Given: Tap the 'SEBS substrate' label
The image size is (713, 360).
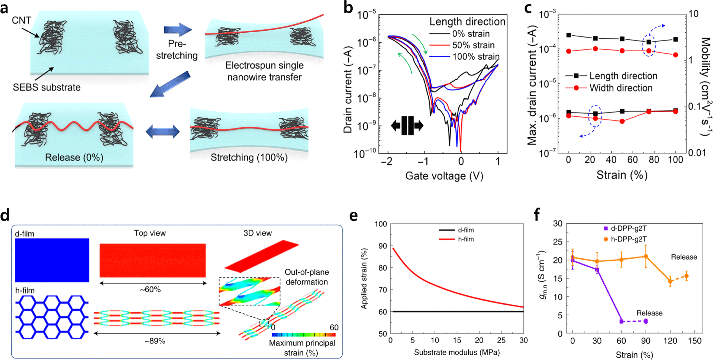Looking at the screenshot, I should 46,87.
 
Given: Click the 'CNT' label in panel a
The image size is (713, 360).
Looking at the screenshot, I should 21,20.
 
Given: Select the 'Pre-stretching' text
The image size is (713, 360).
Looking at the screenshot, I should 177,49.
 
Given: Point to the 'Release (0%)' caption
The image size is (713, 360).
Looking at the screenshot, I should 74,158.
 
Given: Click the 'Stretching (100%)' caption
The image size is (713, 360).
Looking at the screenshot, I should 249,158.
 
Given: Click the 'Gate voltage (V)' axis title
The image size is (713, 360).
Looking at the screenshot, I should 444,176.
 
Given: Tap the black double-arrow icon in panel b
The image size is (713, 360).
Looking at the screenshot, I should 407,126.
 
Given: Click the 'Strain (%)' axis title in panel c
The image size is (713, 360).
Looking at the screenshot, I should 622,175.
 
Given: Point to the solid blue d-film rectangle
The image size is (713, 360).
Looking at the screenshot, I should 52,260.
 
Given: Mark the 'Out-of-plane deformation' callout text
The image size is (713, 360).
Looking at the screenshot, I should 306,277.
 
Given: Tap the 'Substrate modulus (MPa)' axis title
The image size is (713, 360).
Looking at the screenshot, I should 456,352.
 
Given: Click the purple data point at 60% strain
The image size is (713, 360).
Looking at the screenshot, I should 621,321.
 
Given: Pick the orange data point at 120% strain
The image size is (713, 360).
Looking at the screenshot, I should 670,281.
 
